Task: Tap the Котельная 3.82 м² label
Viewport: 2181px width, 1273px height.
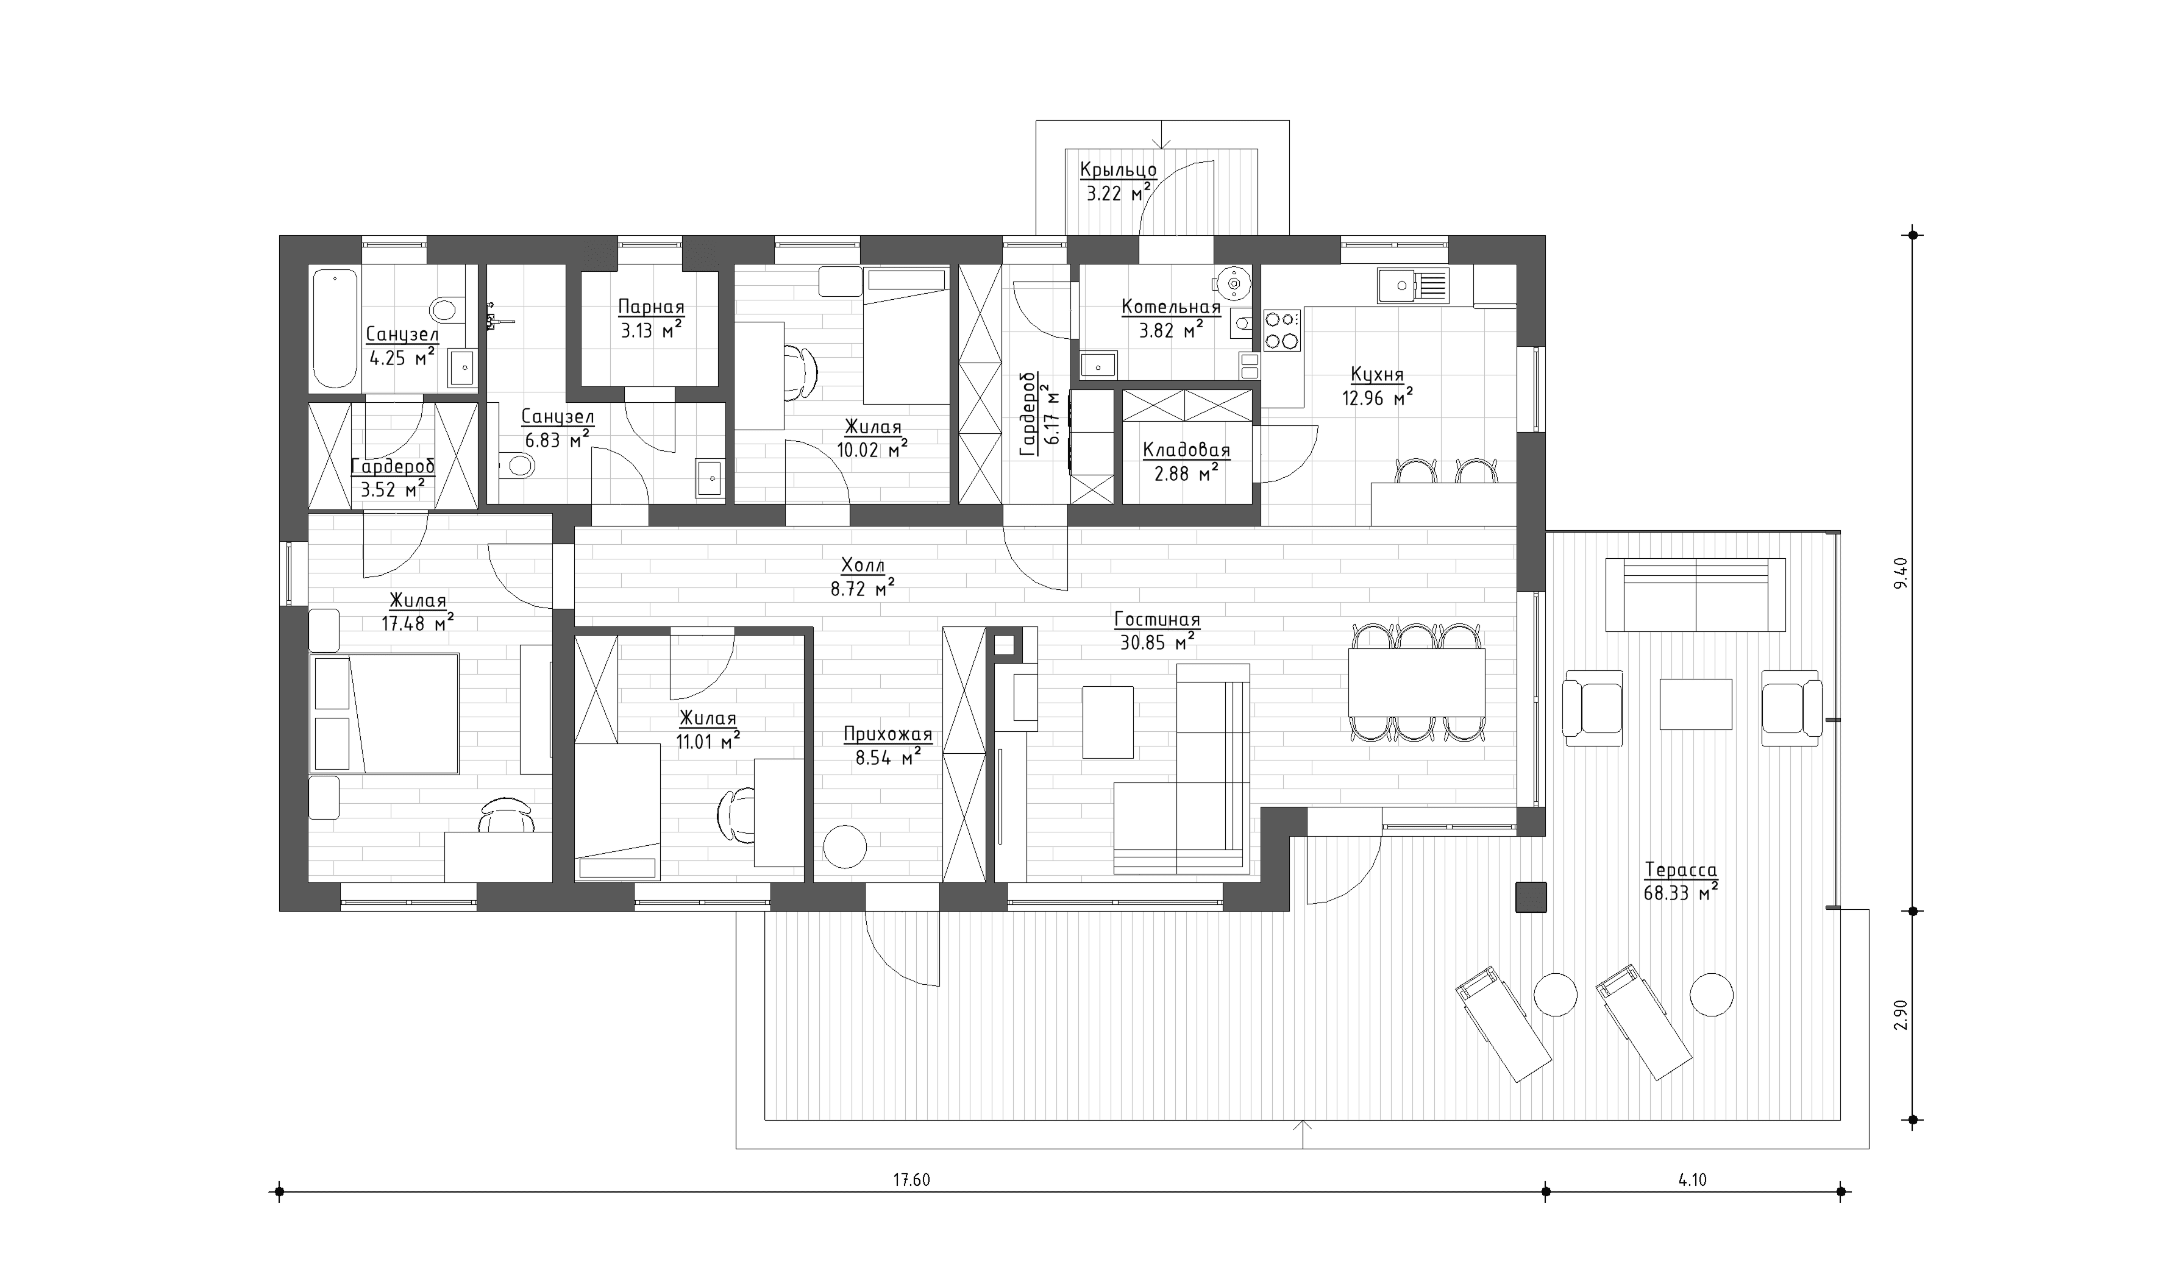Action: (1170, 317)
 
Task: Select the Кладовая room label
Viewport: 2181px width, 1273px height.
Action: (1186, 450)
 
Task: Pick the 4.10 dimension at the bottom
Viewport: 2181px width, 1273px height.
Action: (1692, 1180)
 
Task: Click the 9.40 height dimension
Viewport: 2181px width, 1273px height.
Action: (1901, 573)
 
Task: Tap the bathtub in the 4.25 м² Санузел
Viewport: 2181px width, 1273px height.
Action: (334, 329)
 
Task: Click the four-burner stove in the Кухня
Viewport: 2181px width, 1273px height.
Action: (1282, 330)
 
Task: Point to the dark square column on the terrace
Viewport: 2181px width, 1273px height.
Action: (1530, 896)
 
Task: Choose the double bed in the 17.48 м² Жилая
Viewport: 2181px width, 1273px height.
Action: (384, 714)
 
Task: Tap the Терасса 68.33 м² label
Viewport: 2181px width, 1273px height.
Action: (1680, 882)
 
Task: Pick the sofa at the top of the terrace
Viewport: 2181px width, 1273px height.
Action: (1695, 595)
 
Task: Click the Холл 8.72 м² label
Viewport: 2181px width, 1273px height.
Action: (862, 577)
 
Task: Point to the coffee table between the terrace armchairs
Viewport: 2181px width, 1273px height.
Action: (1695, 704)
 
